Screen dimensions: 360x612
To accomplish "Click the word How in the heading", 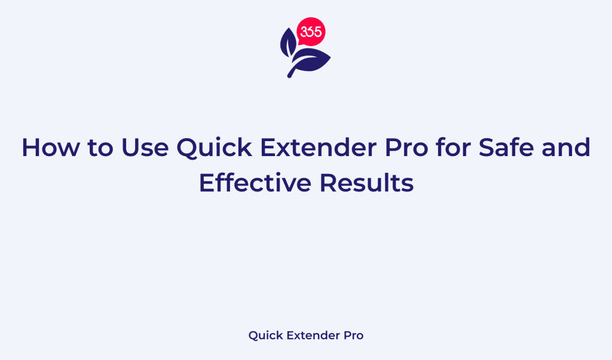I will [50, 147].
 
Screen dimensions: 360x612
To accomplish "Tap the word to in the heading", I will [99, 147].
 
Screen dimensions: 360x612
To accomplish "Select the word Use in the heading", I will [144, 147].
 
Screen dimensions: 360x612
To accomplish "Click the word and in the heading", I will [568, 147].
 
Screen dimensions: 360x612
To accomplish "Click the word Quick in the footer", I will [264, 335].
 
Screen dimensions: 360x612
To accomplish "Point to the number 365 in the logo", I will [311, 32].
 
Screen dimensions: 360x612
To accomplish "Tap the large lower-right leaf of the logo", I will [314, 60].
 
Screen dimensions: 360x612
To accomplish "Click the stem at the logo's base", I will [293, 72].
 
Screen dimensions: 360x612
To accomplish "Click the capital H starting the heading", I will [30, 147].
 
